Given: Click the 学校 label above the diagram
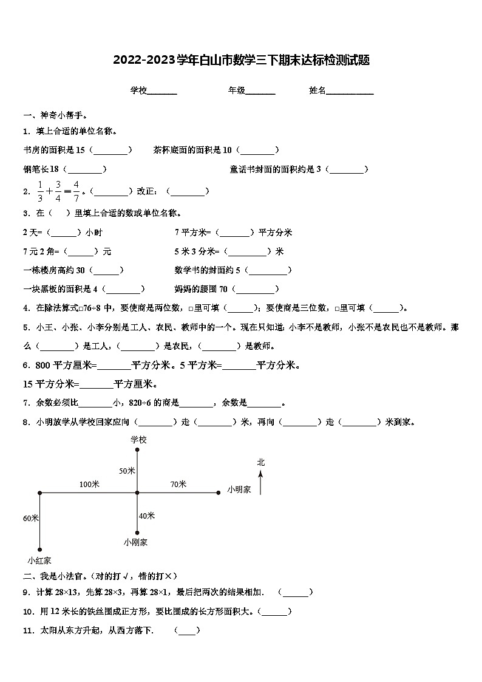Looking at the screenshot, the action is pyautogui.click(x=138, y=439).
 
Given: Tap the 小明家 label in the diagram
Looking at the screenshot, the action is pyautogui.click(x=239, y=489).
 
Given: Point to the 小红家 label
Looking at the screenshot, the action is pyautogui.click(x=39, y=560).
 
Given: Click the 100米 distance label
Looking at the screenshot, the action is pyautogui.click(x=89, y=484).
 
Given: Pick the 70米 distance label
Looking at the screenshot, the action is pyautogui.click(x=178, y=484).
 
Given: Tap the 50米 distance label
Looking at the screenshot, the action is pyautogui.click(x=127, y=471).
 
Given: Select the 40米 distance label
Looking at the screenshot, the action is pyautogui.click(x=147, y=516).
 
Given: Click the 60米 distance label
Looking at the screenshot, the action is pyautogui.click(x=31, y=518).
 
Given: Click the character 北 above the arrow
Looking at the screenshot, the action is pyautogui.click(x=260, y=462).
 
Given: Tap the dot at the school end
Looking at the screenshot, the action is pyautogui.click(x=138, y=450).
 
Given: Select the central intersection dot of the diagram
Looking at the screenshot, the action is pyautogui.click(x=138, y=493).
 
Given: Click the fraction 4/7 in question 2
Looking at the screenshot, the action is pyautogui.click(x=76, y=191).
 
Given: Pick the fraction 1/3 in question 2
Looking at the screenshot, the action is pyautogui.click(x=41, y=191).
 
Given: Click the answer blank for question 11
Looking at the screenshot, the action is pyautogui.click(x=187, y=631).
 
